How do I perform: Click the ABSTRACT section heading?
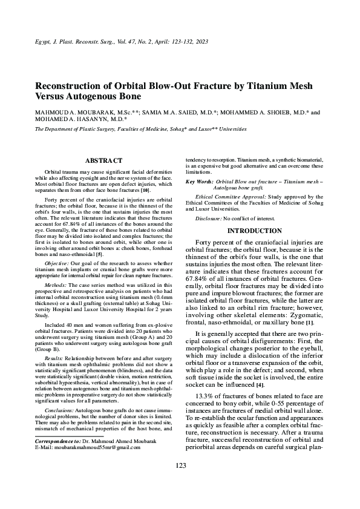pos(103,161)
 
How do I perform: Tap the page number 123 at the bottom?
pos(180,482)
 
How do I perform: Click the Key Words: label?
pos(199,182)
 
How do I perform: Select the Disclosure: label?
pos(211,217)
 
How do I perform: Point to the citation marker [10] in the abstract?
pos(145,191)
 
